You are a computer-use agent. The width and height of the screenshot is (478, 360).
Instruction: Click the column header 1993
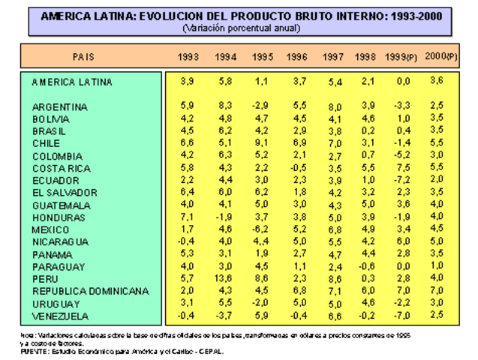[x=188, y=58]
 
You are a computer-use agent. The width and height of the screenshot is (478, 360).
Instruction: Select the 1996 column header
[x=297, y=58]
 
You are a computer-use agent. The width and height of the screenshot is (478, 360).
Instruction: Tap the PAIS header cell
[x=83, y=57]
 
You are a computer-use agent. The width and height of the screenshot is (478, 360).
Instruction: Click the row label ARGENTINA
[x=60, y=107]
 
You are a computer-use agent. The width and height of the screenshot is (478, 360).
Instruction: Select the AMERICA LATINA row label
[x=72, y=82]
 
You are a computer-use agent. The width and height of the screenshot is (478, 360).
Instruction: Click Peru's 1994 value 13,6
[x=225, y=278]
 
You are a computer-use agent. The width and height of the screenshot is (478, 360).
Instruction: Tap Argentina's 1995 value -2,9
[x=260, y=106]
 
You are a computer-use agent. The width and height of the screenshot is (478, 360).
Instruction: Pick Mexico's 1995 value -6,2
[x=260, y=229]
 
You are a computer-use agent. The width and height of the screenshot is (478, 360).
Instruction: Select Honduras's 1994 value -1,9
[x=224, y=217]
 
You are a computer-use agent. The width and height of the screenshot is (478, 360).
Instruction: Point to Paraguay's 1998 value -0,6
[x=366, y=265]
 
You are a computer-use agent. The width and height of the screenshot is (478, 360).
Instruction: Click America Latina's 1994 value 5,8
[x=225, y=81]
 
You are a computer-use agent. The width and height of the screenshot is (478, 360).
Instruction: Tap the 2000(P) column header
[x=437, y=56]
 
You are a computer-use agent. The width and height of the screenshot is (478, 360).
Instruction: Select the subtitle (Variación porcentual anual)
[x=241, y=28]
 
